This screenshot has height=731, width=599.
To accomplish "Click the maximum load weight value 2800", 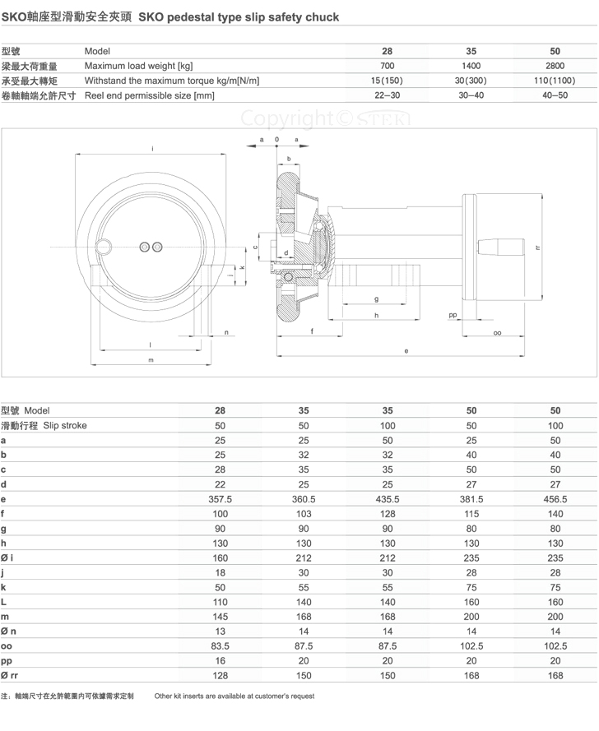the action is (555, 66).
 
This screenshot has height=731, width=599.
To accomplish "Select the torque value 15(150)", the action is (387, 81).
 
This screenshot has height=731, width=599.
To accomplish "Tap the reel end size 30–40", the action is (471, 95).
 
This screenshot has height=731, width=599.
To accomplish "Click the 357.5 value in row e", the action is (220, 499).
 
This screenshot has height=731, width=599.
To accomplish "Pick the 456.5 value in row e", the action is (555, 499).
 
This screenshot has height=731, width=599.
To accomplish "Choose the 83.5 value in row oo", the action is (220, 646).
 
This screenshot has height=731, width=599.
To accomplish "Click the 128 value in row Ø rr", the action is (220, 676).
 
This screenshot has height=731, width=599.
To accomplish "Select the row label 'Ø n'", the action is (8, 632).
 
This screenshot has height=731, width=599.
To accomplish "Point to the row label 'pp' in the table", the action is (7, 661).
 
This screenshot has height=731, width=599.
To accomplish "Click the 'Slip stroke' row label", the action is (65, 425).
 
